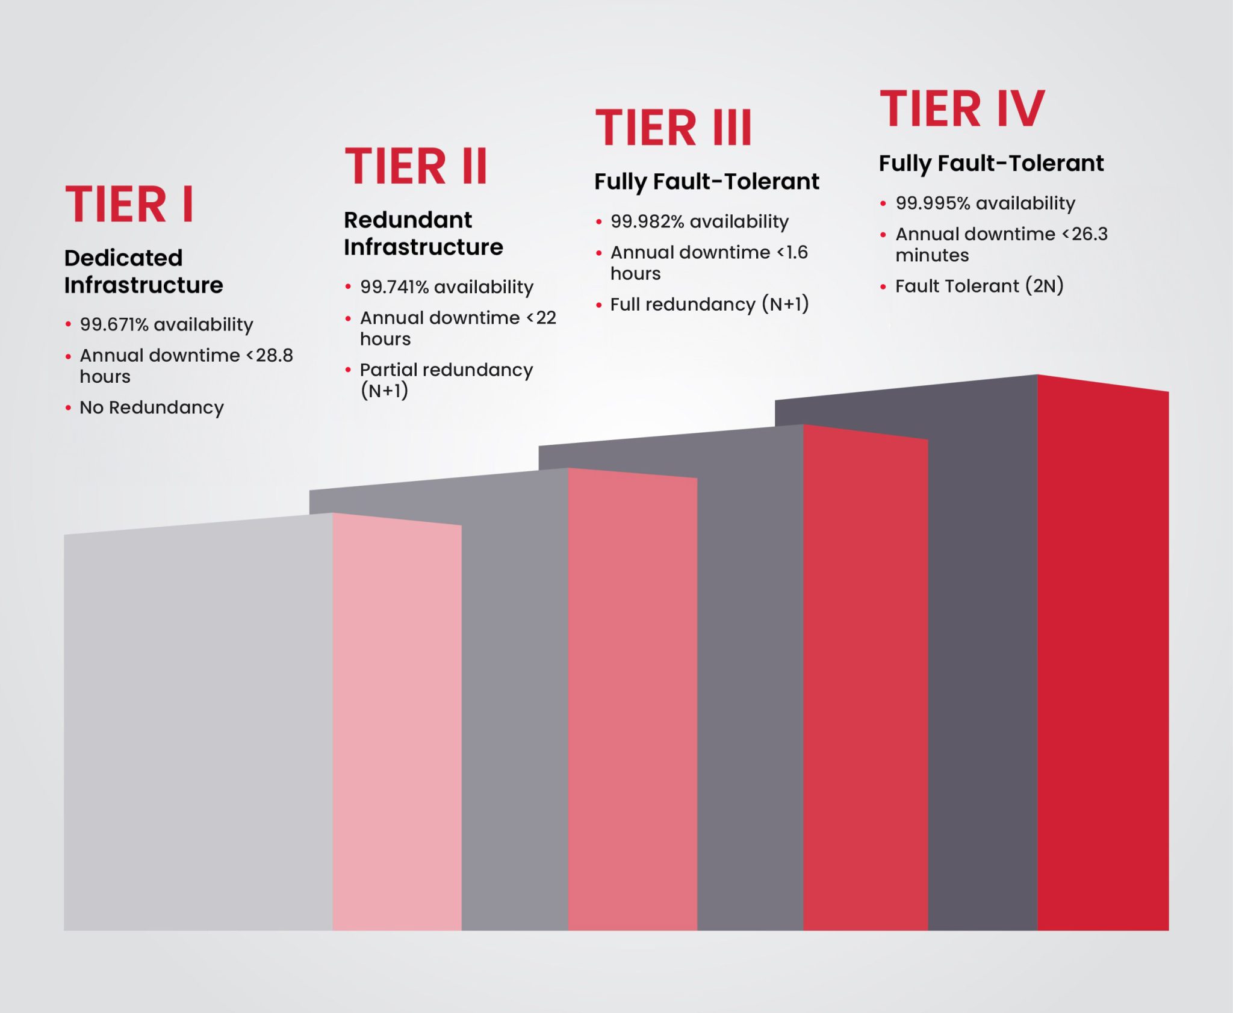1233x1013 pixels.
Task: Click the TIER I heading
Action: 129,205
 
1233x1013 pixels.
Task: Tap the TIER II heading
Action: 415,167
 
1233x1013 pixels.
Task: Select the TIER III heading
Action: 673,128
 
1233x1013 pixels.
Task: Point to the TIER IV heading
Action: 962,109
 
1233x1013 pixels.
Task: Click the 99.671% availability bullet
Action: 166,324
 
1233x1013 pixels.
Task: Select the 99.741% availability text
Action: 446,287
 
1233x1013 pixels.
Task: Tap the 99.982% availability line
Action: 699,221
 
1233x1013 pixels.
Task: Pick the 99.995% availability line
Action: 985,203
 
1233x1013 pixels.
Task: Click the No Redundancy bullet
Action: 152,407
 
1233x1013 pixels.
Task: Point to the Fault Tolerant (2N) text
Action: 979,286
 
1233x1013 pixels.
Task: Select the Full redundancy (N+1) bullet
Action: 709,305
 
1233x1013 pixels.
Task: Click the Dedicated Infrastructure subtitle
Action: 143,271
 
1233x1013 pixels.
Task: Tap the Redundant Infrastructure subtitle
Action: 423,234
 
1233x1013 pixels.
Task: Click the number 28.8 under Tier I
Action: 275,355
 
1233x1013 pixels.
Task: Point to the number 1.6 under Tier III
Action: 797,252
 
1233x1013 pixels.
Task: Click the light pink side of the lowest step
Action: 397,722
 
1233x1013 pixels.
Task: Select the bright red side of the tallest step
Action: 1103,662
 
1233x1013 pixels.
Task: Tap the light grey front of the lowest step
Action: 198,722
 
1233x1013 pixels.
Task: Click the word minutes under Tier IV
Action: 932,256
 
